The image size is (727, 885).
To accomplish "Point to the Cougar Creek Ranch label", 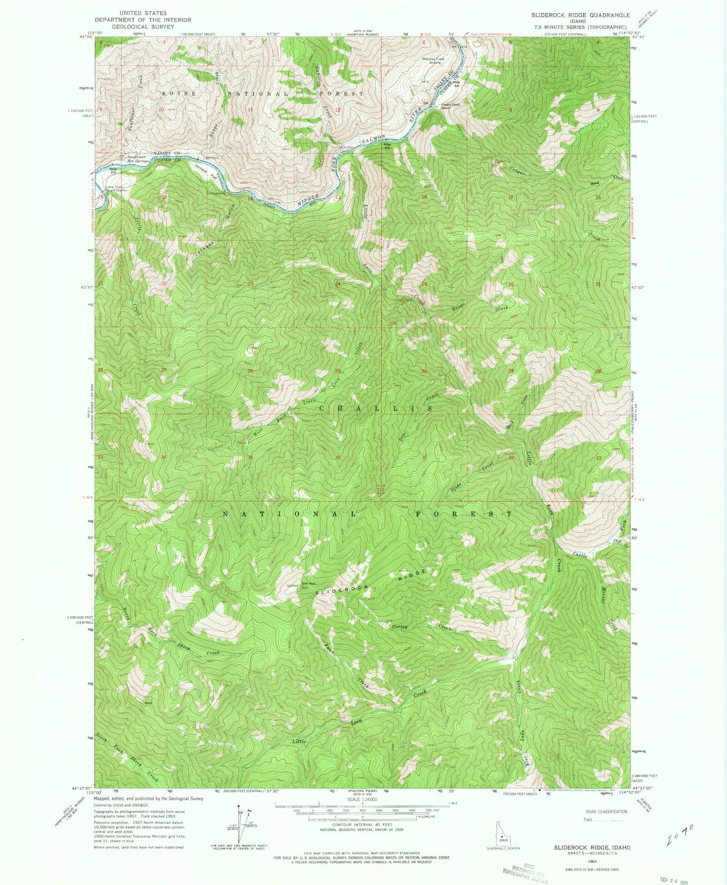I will tap(451, 107).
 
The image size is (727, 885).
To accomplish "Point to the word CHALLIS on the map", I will tap(376, 409).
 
